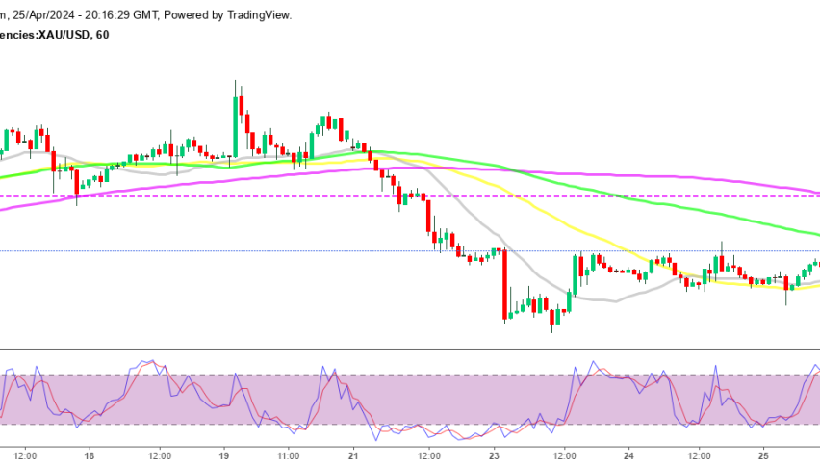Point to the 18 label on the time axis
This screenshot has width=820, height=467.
pyautogui.click(x=89, y=455)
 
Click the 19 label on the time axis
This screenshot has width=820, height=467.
pyautogui.click(x=224, y=455)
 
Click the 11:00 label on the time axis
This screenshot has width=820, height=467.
pyautogui.click(x=288, y=455)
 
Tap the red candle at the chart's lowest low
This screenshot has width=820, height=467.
pyautogui.click(x=552, y=318)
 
